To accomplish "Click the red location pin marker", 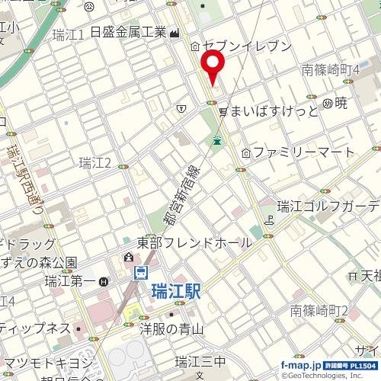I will coord(211,66).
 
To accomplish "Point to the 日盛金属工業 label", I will coord(129,33).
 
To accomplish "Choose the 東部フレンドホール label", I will coord(194,243).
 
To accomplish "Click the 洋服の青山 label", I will coord(171,329).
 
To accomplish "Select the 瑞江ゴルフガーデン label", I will coord(328,207).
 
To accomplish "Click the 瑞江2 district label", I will coord(95,162).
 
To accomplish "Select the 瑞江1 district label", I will coord(69,34).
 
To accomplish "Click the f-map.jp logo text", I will coord(302,366).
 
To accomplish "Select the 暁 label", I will coord(341,102).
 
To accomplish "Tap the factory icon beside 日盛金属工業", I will coord(175,33).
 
